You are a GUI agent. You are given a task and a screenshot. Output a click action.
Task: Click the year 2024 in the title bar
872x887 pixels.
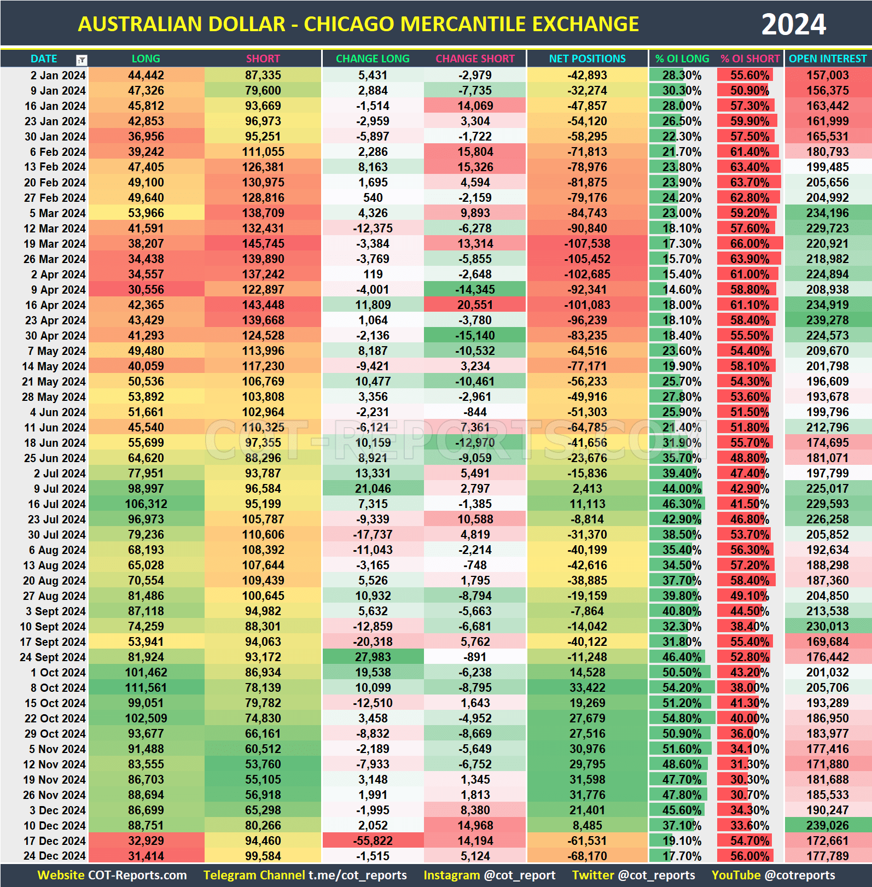793,25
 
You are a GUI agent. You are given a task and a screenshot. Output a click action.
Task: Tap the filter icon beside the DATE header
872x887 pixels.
82,60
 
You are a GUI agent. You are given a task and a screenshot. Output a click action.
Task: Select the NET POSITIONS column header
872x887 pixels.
587,59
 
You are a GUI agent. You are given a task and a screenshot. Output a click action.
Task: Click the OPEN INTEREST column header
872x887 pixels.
828,59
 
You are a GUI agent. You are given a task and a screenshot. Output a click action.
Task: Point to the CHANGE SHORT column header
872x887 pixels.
475,59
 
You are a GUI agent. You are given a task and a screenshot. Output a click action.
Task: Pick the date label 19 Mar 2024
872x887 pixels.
54,244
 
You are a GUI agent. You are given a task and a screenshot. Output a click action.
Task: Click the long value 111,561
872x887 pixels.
146,688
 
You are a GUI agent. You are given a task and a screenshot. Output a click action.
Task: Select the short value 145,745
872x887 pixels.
263,244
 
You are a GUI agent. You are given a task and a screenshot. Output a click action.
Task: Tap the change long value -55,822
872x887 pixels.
373,841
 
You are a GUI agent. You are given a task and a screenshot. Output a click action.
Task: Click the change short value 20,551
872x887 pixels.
475,305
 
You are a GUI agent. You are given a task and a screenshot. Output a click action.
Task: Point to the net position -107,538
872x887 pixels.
587,244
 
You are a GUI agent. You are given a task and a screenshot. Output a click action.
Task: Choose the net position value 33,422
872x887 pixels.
587,688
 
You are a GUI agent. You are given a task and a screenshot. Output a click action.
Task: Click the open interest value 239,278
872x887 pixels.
828,320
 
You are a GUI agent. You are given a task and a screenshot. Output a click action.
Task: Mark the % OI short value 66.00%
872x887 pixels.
750,244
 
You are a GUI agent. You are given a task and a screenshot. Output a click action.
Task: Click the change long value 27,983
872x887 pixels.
373,657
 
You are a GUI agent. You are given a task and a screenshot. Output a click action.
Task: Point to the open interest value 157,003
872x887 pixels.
828,75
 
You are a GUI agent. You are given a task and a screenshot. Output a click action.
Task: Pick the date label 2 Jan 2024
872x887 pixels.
57,75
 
